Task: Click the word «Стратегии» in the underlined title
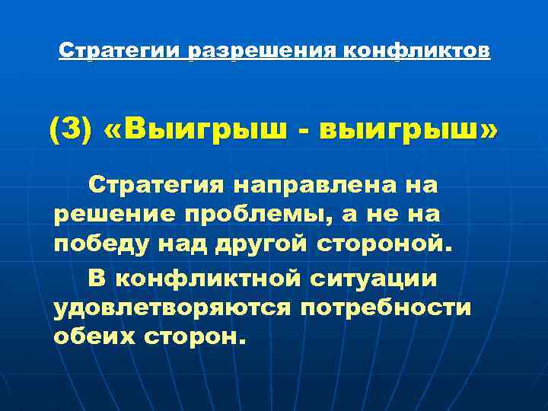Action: (x=121, y=52)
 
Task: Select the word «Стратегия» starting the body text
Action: (x=155, y=184)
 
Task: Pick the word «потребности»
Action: (x=386, y=307)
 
